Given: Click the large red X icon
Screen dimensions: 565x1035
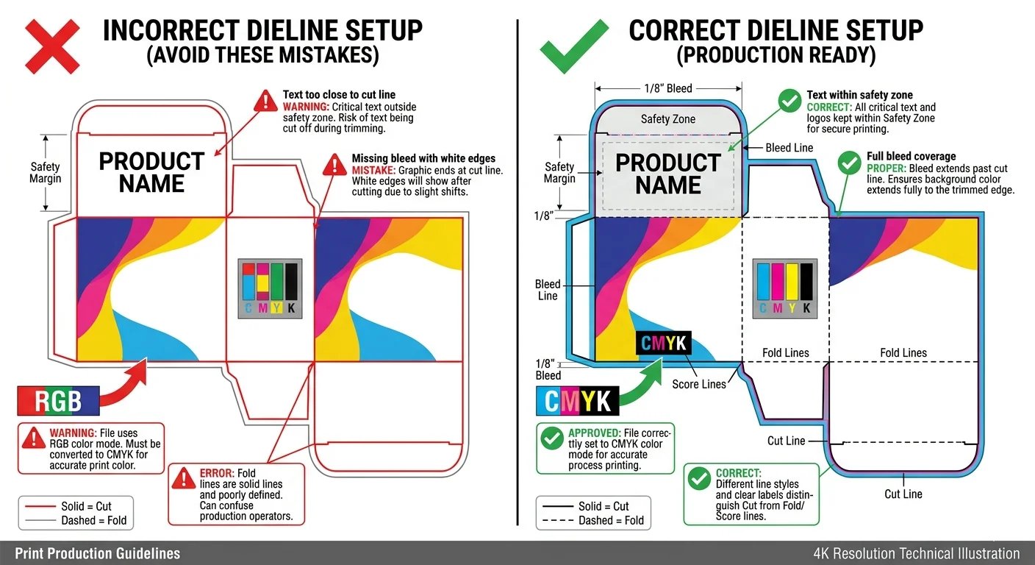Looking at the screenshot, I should pos(52,46).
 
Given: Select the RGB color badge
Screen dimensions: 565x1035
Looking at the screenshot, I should pos(58,402).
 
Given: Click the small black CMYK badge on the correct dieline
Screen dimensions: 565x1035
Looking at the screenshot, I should pos(663,343).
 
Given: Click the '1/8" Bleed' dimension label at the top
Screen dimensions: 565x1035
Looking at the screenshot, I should pos(667,88).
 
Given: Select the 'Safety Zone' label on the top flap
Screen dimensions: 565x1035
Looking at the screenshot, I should pos(667,119).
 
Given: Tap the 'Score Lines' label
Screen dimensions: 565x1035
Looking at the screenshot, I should pos(698,384).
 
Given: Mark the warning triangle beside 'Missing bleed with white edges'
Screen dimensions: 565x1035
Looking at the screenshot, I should pos(334,164).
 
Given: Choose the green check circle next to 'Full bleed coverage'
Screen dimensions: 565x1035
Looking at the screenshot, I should pos(849,162).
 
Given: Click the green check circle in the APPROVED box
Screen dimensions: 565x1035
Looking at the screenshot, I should pos(551,439).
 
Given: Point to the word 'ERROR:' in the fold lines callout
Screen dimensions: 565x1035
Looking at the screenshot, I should pos(217,472).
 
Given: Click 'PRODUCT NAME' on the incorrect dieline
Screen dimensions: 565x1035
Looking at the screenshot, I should pos(151,172).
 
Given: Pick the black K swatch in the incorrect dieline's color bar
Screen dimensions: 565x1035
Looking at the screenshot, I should pos(291,282).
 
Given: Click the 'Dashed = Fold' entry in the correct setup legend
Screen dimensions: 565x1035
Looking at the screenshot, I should pos(611,520).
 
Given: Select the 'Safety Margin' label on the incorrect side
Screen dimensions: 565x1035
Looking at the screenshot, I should pos(46,173).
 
